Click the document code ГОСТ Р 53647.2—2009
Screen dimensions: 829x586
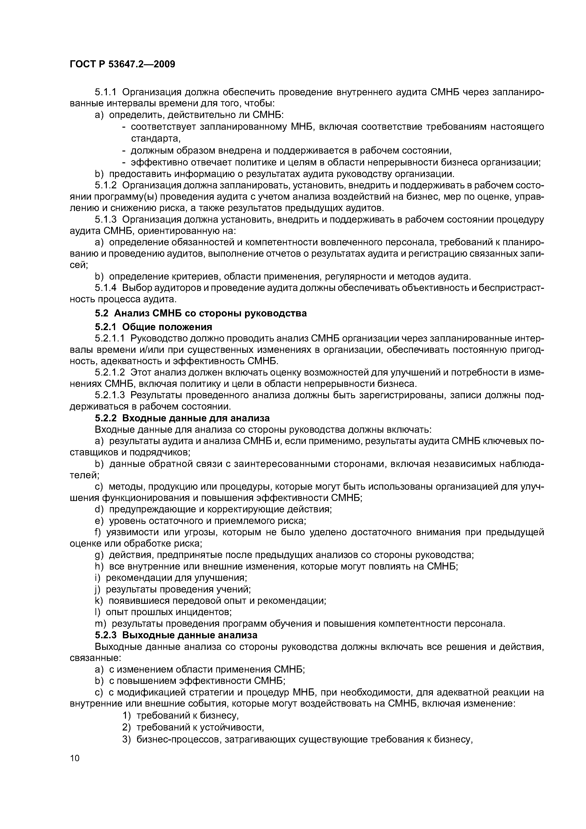[122, 64]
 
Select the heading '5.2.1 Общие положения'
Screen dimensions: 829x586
[153, 327]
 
